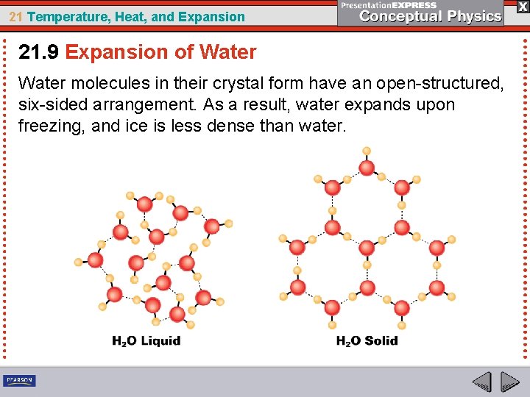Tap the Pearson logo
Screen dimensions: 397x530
(19, 381)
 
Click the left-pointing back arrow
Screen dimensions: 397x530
(482, 382)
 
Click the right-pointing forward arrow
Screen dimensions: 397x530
(510, 382)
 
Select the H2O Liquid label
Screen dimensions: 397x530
(146, 341)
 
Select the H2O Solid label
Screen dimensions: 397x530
(367, 341)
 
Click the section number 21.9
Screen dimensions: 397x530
(39, 52)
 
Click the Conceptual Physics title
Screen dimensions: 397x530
(431, 16)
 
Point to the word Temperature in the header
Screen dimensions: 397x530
(63, 16)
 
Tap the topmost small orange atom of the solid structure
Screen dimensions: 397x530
(367, 151)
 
